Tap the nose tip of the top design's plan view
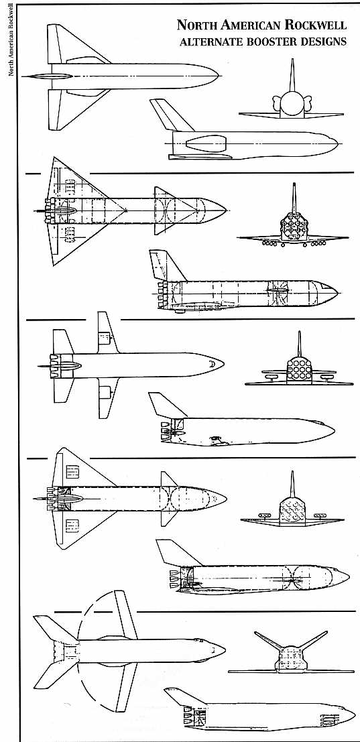tap(218, 76)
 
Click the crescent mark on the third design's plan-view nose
tap(213, 365)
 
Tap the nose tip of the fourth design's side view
tap(349, 576)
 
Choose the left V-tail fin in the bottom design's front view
tap(268, 640)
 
